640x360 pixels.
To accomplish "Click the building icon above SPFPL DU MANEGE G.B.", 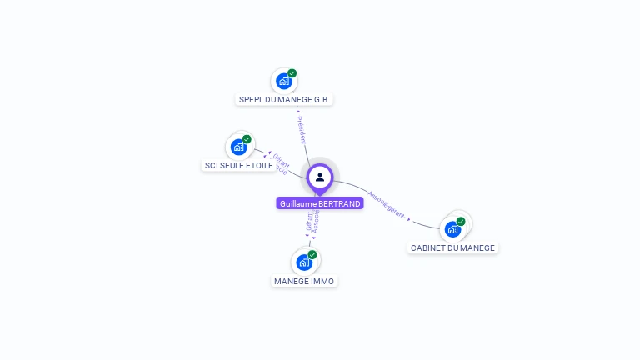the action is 283,82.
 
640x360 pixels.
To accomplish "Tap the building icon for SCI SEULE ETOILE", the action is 239,147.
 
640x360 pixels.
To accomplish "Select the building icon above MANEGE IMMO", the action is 304,262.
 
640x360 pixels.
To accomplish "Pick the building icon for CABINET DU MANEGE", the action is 452,229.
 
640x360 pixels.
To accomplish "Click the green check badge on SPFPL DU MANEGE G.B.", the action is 292,73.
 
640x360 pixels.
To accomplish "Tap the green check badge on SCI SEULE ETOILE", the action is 247,139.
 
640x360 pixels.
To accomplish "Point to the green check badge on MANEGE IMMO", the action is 312,254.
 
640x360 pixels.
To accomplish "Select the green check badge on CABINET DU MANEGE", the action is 461,222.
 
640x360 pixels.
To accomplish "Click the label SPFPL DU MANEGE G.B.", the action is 285,99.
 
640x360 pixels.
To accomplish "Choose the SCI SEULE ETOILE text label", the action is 239,165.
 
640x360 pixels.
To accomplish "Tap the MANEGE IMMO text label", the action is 304,281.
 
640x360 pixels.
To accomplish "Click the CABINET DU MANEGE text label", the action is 452,247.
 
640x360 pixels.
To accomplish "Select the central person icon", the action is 320,177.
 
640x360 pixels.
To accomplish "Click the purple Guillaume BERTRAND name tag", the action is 320,203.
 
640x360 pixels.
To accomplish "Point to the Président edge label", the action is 302,130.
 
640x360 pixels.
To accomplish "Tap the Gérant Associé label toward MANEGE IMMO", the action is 312,221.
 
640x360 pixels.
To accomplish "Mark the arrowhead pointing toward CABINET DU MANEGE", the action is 409,218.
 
